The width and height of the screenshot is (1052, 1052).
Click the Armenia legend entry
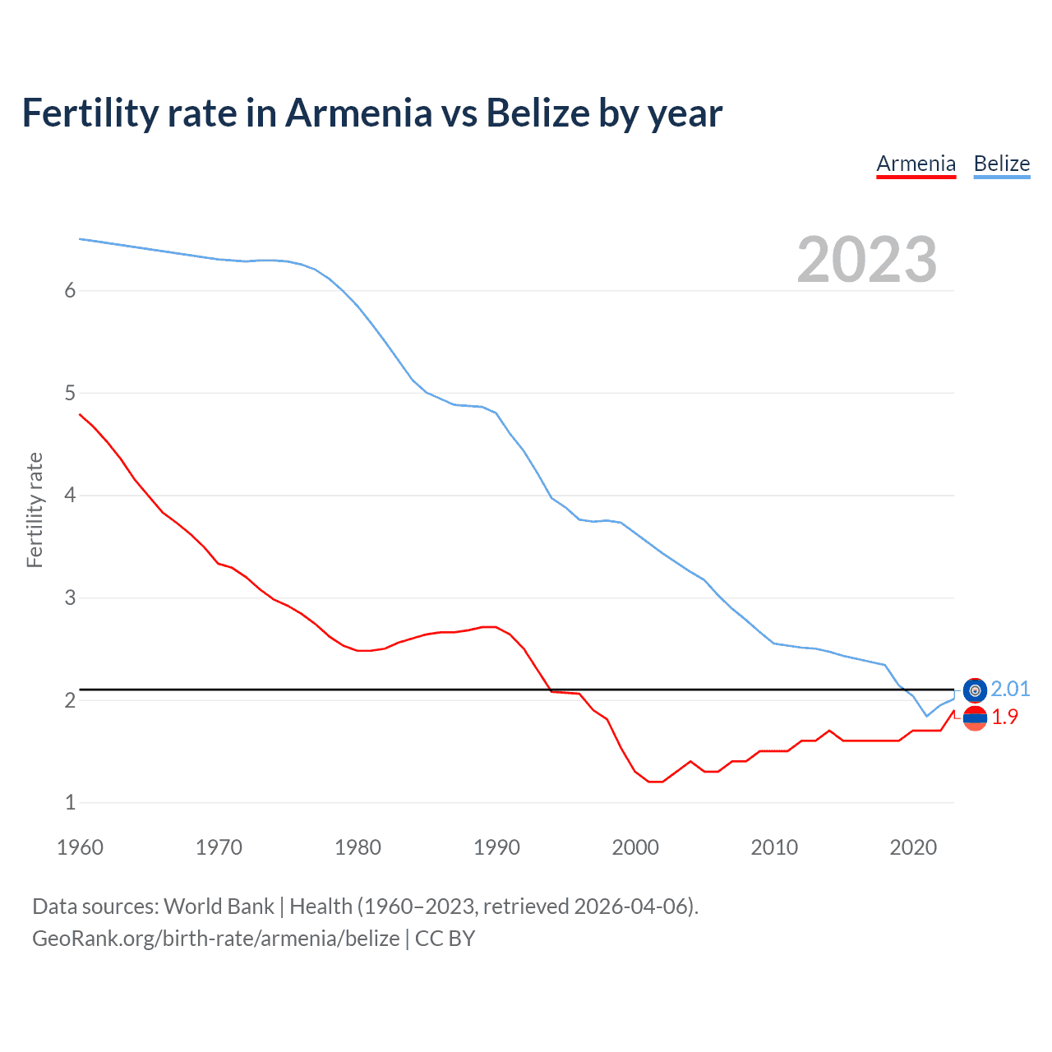click(x=916, y=164)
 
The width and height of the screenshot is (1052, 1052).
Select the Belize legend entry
click(x=1001, y=164)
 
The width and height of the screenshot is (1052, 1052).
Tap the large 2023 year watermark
click(x=866, y=260)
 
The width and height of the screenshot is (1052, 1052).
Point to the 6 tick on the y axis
click(x=70, y=290)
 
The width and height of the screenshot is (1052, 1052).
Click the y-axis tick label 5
click(x=70, y=393)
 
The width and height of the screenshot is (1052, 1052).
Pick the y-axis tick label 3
click(x=70, y=598)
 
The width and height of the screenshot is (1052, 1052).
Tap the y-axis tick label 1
click(x=70, y=802)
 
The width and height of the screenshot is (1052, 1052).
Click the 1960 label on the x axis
click(x=80, y=847)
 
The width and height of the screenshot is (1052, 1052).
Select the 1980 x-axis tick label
click(x=358, y=847)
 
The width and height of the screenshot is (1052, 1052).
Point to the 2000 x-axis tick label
click(x=635, y=847)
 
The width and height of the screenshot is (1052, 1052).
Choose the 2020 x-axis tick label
click(x=913, y=847)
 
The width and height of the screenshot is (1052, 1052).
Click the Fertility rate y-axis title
click(x=35, y=510)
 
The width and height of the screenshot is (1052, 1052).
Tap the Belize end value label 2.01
click(x=1010, y=689)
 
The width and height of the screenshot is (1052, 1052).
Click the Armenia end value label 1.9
click(x=1004, y=717)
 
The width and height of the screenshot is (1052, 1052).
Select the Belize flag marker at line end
click(x=975, y=690)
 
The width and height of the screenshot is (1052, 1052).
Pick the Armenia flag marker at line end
click(x=975, y=717)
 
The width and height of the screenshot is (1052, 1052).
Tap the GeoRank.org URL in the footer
click(x=215, y=939)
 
